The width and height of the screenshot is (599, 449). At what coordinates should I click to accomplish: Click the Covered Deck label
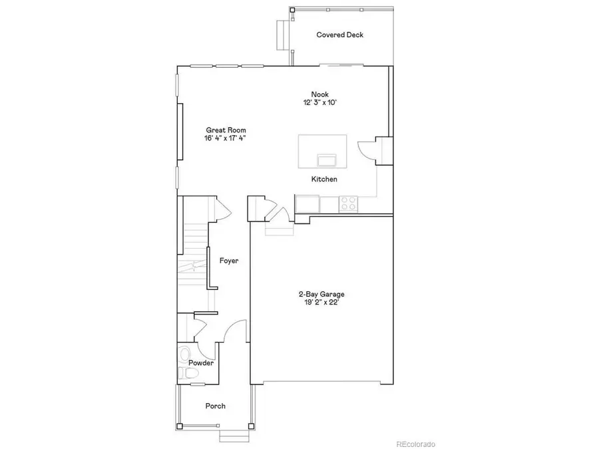tap(339, 35)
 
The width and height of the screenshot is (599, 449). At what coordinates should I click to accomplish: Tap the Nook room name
tap(320, 94)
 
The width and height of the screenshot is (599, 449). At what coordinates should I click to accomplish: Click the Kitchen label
tap(324, 180)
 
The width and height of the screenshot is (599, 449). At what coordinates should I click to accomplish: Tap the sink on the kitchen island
tap(327, 160)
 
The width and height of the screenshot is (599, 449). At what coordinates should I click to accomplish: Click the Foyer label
tap(229, 261)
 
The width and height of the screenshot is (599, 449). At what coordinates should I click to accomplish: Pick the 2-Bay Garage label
tap(321, 294)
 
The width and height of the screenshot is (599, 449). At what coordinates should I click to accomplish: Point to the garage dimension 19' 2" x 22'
tap(321, 303)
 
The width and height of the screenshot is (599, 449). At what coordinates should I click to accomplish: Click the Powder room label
tap(200, 363)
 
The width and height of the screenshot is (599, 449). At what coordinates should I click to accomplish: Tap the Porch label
tap(215, 406)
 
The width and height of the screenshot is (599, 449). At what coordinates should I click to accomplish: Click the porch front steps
tap(232, 436)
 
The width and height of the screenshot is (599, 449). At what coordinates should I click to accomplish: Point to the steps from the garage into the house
tap(279, 229)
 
